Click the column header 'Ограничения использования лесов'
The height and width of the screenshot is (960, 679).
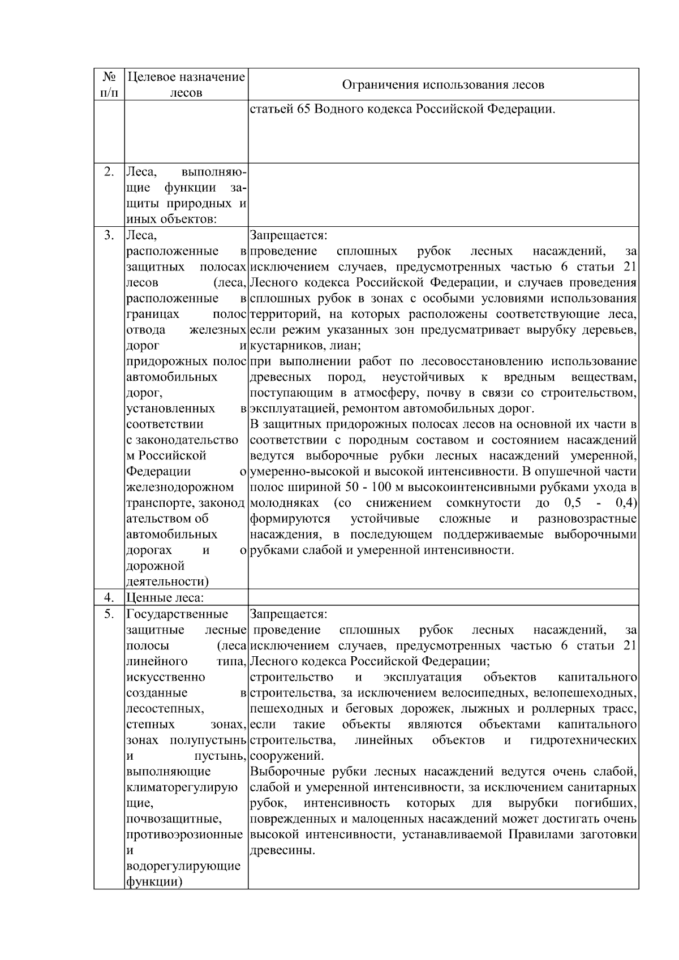pos(443,85)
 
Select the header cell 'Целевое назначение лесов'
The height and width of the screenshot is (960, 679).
pos(186,84)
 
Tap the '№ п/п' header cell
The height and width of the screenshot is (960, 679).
pos(109,84)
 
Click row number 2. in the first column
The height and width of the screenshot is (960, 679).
pos(109,172)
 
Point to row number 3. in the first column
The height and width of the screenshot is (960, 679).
pos(109,235)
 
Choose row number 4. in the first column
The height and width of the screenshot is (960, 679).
pos(109,598)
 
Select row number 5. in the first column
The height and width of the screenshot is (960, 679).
pos(109,614)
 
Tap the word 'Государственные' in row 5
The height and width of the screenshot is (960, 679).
pos(177,614)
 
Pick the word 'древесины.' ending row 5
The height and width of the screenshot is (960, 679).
pos(282,850)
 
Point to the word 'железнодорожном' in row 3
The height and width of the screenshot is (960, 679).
pos(180,487)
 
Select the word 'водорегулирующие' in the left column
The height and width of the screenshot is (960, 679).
pos(183,866)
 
